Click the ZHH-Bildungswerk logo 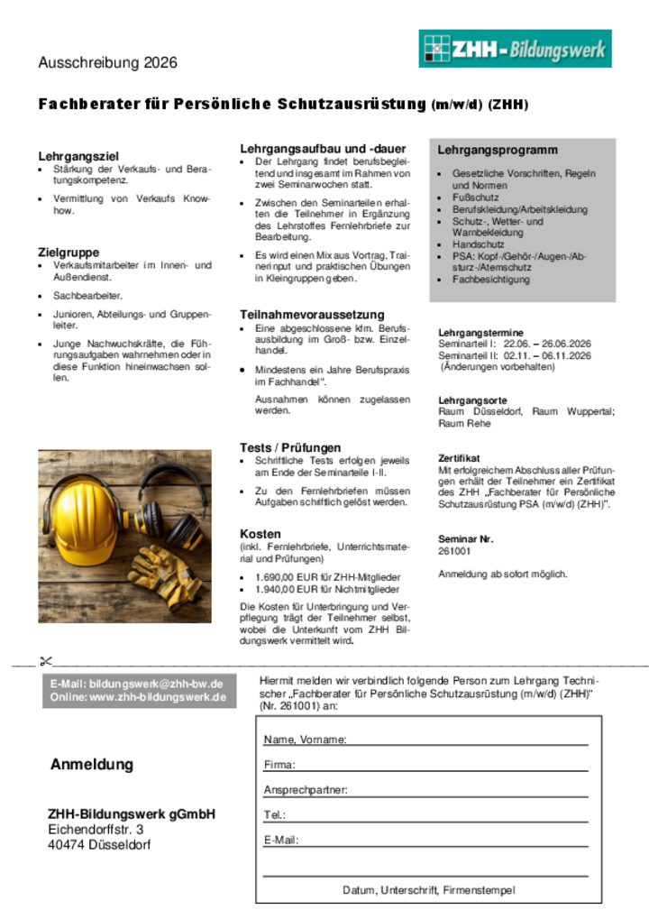point(515,49)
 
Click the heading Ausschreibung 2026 point(107,63)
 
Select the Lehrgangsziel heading point(78,156)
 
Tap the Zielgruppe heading point(69,253)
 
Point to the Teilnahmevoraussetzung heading point(311,315)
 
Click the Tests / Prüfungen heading point(290,447)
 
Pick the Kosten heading point(261,534)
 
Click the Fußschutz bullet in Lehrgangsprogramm point(475,198)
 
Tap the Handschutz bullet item point(478,244)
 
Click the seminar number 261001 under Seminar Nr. point(454,551)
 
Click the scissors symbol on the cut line point(46,662)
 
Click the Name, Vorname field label point(305,740)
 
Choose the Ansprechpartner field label point(305,791)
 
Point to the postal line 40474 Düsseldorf point(99,845)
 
